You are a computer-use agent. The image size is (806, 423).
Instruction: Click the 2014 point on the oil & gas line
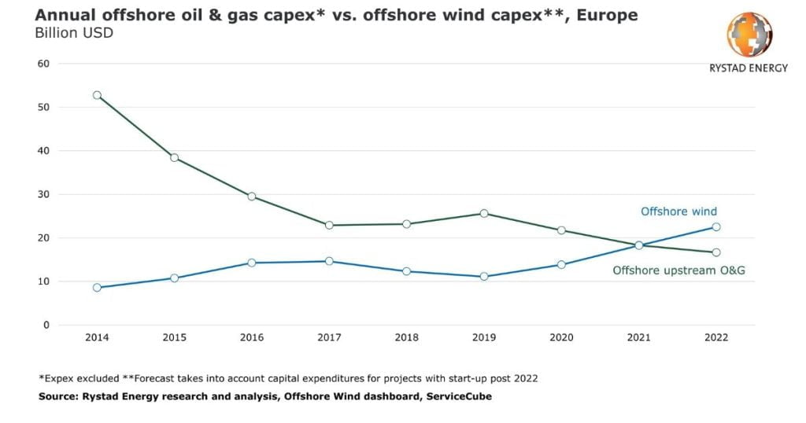(x=97, y=95)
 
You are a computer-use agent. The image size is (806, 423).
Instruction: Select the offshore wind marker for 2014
(x=97, y=288)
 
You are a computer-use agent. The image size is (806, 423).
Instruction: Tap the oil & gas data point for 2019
(x=484, y=213)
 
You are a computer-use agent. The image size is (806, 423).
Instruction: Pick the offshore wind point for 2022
(x=716, y=226)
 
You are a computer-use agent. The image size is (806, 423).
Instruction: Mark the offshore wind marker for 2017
(x=329, y=261)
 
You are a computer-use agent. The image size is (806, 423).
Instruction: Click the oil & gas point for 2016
(x=252, y=196)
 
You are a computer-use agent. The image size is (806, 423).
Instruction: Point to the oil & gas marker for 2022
(x=716, y=252)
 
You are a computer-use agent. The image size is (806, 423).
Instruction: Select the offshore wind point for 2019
(x=484, y=277)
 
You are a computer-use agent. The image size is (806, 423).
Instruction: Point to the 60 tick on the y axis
(x=44, y=64)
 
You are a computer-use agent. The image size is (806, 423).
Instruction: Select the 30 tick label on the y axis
(x=44, y=194)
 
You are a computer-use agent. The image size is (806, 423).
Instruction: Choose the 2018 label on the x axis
(x=406, y=337)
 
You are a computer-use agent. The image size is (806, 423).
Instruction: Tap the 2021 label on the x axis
(x=639, y=337)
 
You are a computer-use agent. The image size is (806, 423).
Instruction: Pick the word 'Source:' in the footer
(x=60, y=397)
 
